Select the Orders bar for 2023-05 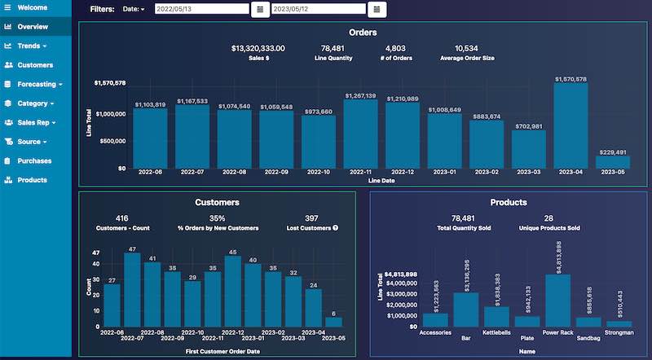tap(613, 162)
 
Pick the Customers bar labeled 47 tap(132, 290)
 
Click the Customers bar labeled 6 tap(333, 322)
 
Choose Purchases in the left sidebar tap(34, 160)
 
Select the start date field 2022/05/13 tap(200, 9)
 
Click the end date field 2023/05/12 tap(318, 9)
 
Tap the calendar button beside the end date tap(377, 9)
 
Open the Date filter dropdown tap(133, 9)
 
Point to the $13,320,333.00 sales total tap(258, 48)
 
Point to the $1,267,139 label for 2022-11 tap(359, 96)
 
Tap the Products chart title tap(508, 202)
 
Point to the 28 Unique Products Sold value tap(548, 217)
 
